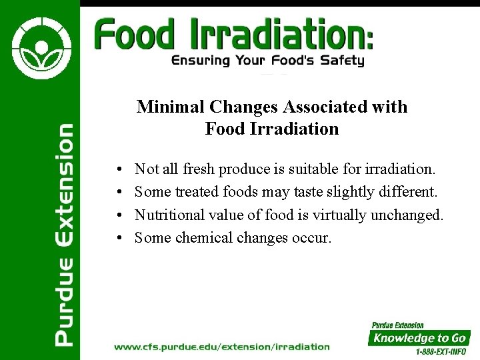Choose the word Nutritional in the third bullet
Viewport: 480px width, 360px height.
170,215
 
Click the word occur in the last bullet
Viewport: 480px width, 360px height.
311,237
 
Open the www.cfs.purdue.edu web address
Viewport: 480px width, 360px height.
222,347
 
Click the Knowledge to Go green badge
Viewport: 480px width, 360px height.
419,338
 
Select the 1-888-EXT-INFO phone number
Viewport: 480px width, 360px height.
440,351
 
